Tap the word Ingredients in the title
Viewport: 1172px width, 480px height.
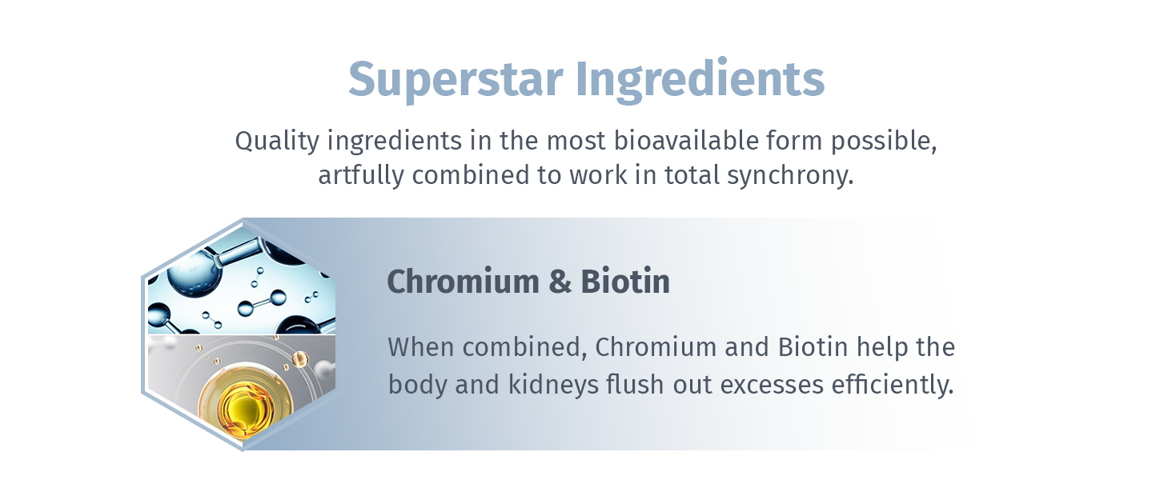(x=700, y=78)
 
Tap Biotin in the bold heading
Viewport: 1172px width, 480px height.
(x=625, y=282)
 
